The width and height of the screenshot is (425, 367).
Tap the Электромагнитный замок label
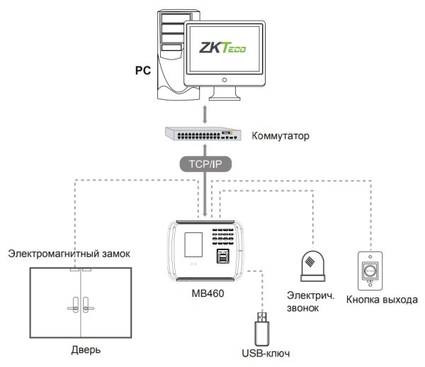tap(69, 254)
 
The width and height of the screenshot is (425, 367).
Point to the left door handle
tap(72, 306)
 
